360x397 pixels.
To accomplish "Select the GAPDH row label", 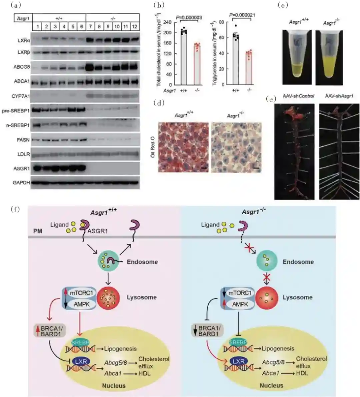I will [21, 183].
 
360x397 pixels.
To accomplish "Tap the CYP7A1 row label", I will [21, 96].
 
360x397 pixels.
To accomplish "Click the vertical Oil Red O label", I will [153, 147].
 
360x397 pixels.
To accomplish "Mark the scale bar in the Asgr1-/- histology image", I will [256, 168].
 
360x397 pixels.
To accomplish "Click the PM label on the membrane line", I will [38, 231].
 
